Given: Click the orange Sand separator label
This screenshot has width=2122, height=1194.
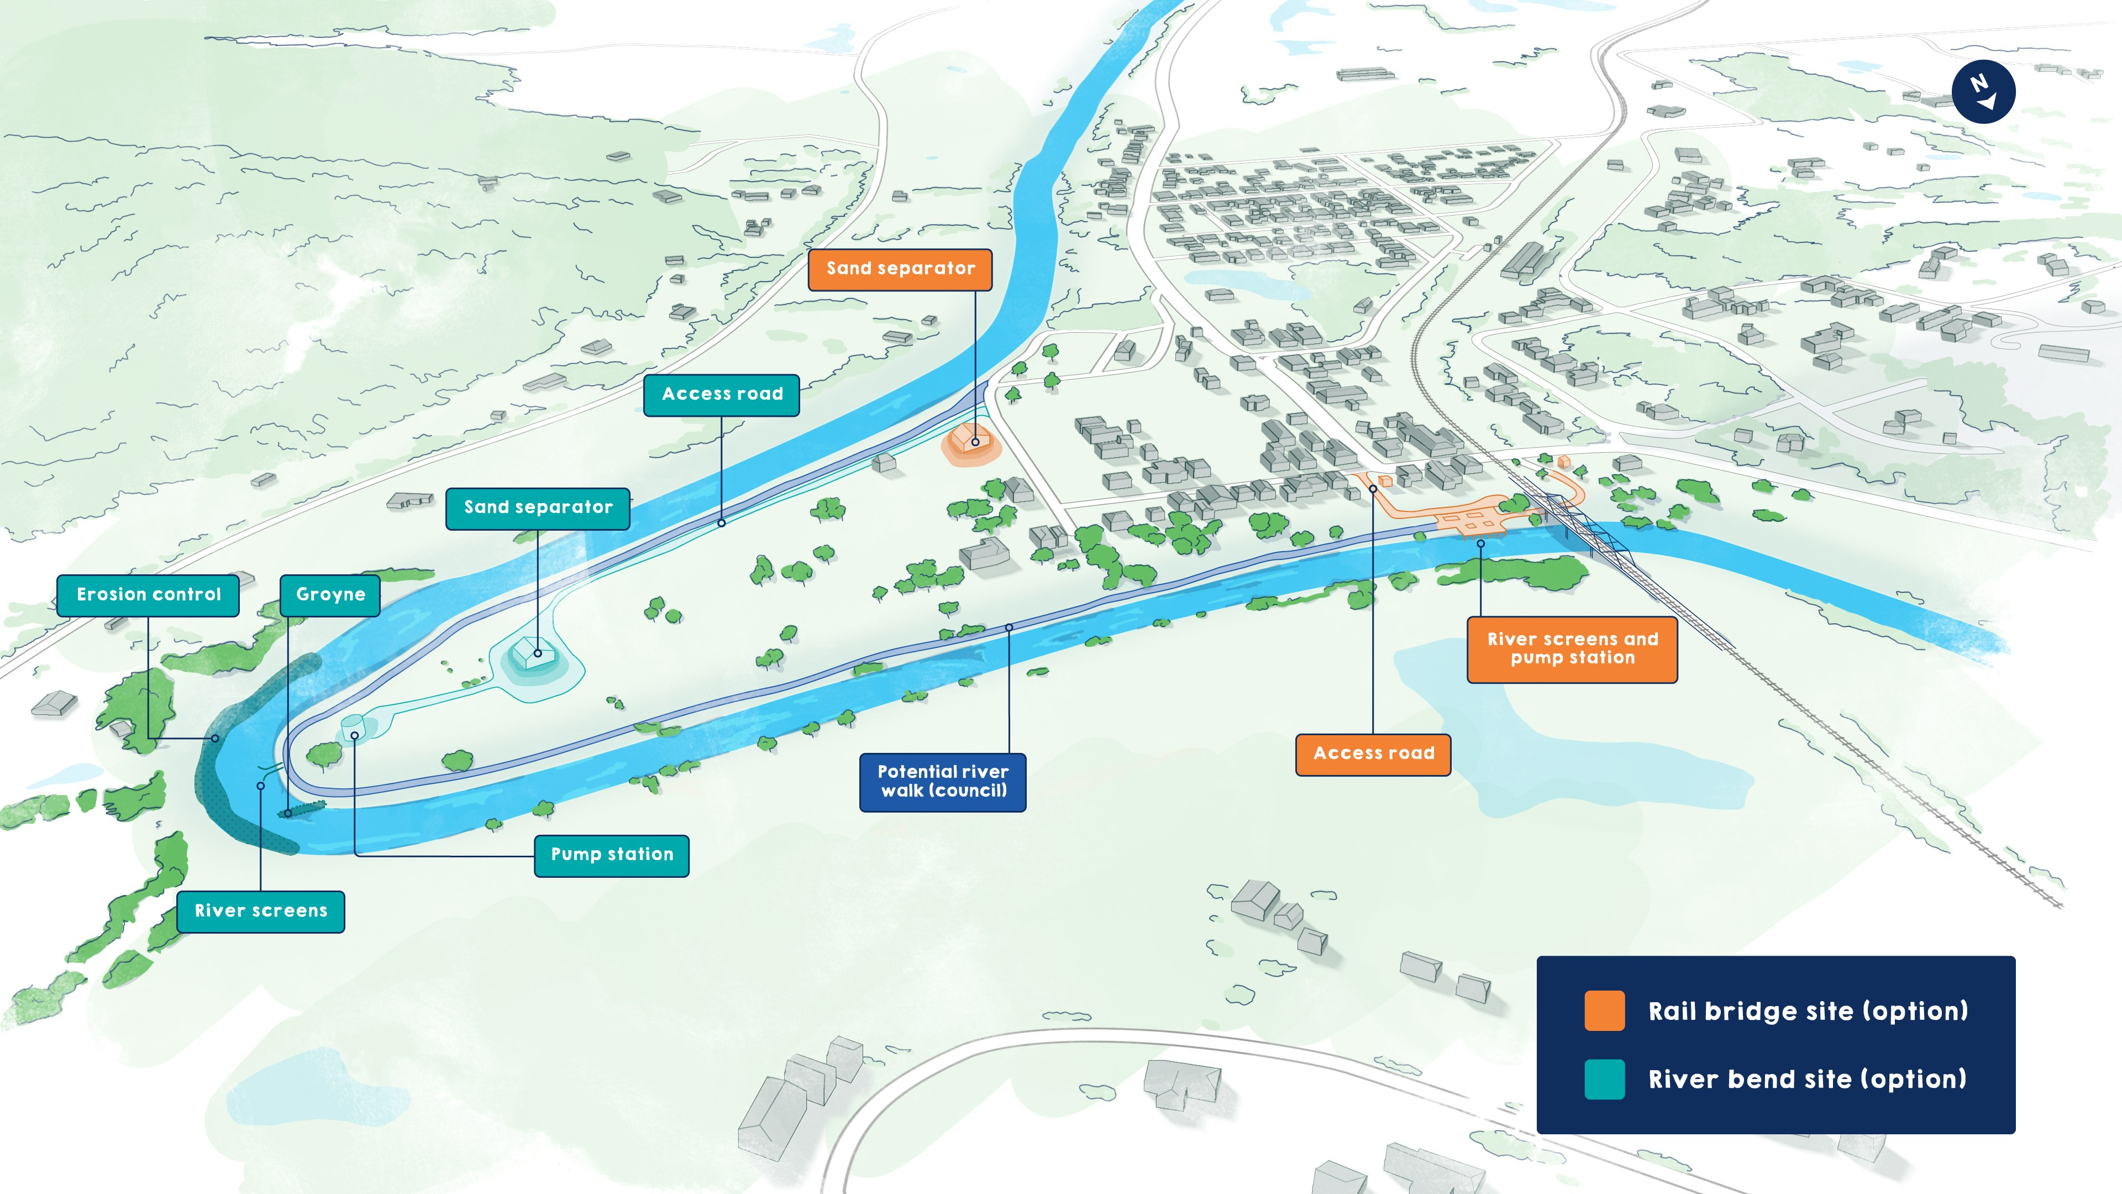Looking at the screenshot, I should (x=900, y=269).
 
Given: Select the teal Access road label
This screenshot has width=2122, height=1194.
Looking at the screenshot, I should (x=722, y=395).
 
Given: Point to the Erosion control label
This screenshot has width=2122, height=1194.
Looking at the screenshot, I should (x=148, y=595).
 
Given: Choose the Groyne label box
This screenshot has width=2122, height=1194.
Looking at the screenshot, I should (x=330, y=595).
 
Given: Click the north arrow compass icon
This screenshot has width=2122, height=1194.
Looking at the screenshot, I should (x=1983, y=91).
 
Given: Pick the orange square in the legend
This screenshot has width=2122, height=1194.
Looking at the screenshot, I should (x=1604, y=1011).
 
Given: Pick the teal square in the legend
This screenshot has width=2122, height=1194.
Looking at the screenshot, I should (x=1604, y=1080).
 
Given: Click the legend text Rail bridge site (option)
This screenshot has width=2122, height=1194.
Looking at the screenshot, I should (x=1808, y=1011).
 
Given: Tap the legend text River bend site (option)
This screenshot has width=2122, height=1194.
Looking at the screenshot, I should (x=1808, y=1080).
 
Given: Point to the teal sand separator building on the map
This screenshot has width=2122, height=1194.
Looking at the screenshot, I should (x=531, y=653).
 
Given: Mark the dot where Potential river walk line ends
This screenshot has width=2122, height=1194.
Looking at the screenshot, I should (x=1009, y=628).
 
